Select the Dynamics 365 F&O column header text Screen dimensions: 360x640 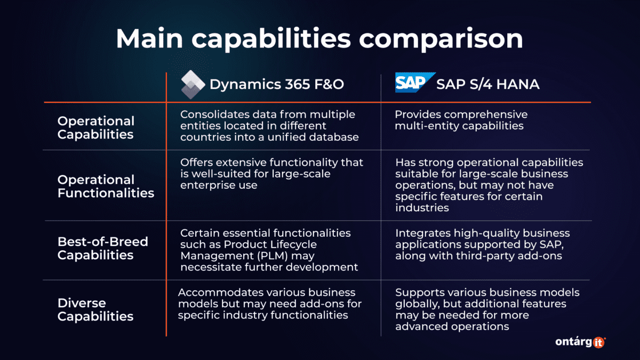[275, 84]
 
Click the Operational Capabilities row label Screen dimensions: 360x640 [96, 127]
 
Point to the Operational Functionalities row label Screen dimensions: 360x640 [106, 186]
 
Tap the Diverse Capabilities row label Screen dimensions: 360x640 [95, 309]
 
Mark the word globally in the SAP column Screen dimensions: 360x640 [415, 304]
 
